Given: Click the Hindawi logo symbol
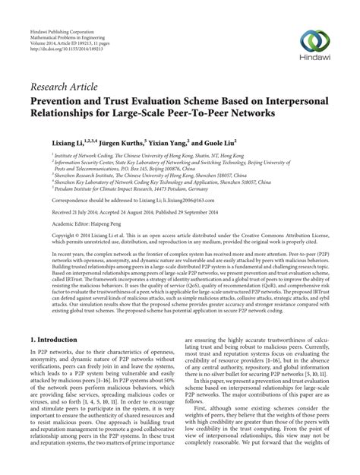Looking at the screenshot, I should click(314, 40).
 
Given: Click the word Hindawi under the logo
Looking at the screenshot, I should click(314, 58).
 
